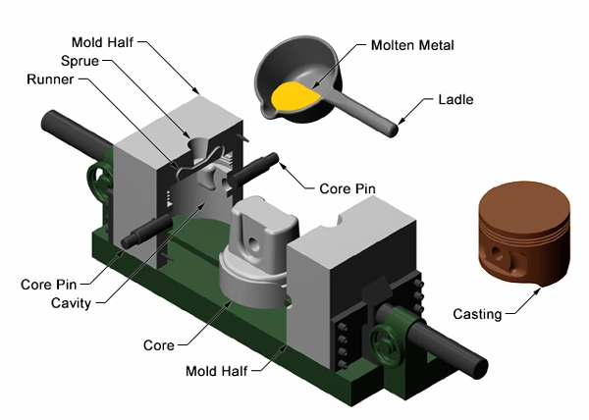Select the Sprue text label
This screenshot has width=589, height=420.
click(79, 60)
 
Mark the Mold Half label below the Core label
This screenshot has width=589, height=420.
click(219, 372)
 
